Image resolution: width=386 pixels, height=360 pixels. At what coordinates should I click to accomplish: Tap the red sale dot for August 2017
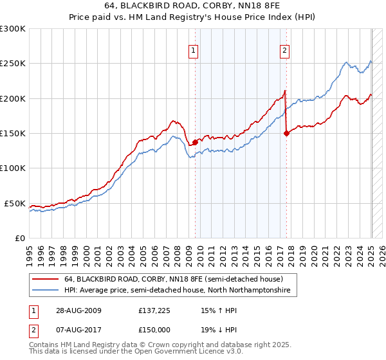coord(286,134)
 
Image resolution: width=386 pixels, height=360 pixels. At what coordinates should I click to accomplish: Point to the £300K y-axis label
coord(12,29)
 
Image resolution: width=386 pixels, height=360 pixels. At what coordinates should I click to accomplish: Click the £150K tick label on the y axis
coord(12,134)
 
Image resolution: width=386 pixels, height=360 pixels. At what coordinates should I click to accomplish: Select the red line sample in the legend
coord(44,280)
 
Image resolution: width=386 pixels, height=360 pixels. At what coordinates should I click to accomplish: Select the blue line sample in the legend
coord(44,291)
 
